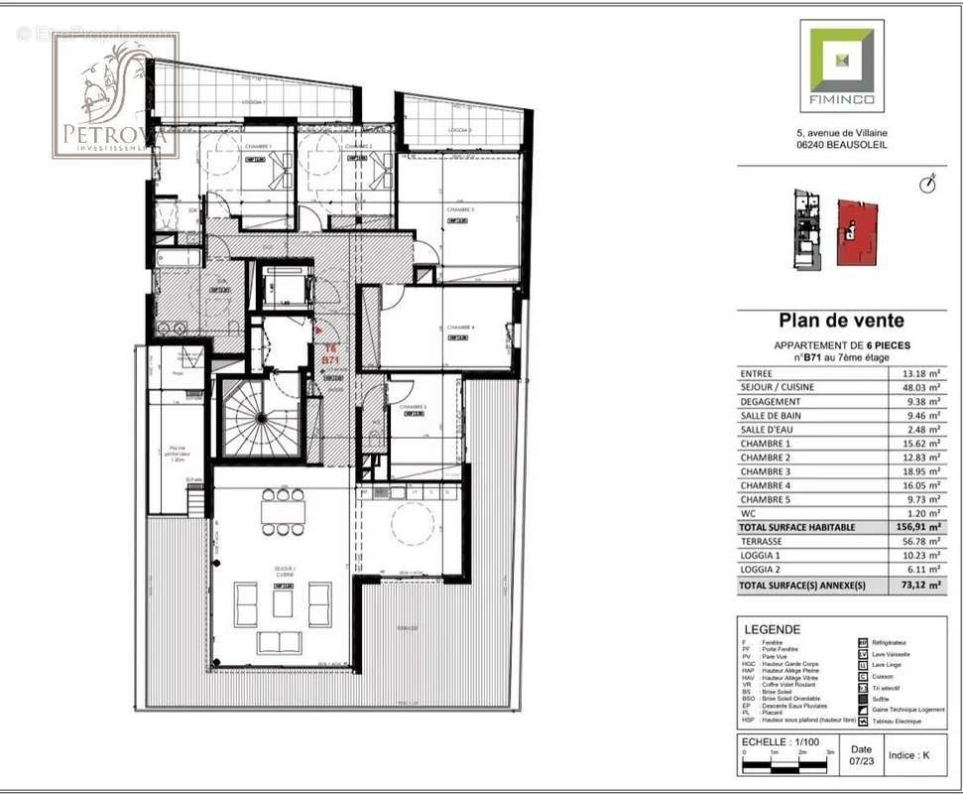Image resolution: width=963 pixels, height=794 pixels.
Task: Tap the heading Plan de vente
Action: [841, 322]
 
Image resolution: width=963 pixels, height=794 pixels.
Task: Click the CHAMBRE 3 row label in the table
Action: [766, 472]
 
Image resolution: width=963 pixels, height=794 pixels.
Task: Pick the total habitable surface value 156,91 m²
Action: [914, 528]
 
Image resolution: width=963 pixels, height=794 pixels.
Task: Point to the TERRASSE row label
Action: [761, 542]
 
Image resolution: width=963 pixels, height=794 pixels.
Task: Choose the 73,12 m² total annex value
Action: [916, 587]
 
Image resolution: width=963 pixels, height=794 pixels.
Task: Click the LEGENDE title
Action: [772, 629]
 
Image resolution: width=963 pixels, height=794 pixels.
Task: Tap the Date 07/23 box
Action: [861, 756]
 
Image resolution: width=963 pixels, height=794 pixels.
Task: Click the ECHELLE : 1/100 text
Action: [781, 741]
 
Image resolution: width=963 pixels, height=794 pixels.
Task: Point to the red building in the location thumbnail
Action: [857, 233]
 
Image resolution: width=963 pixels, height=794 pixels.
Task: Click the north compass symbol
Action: [927, 184]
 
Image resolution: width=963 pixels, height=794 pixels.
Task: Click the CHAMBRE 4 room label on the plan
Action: [460, 328]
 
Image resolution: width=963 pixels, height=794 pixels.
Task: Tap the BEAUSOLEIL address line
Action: [841, 145]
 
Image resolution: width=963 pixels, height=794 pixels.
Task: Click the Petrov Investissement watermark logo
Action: [115, 95]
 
